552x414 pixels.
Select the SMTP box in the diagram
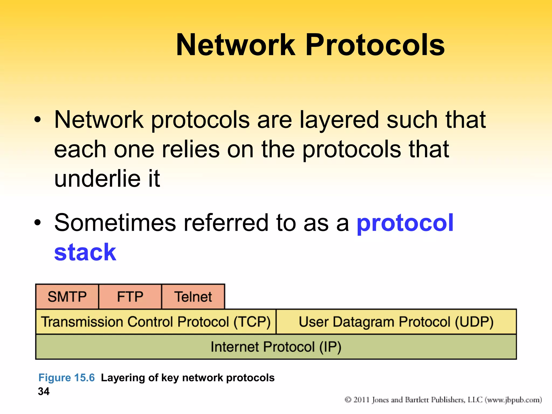[67, 296]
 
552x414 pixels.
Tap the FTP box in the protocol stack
[130, 296]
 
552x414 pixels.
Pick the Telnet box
[193, 296]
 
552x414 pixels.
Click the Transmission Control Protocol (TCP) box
[156, 322]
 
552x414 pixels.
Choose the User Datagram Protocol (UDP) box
[396, 322]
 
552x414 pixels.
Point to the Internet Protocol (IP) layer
[276, 347]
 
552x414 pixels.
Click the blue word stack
[85, 252]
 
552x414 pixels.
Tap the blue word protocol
[405, 223]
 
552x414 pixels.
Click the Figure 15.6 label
[67, 378]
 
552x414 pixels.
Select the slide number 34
[44, 391]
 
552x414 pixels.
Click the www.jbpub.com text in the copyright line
[513, 400]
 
